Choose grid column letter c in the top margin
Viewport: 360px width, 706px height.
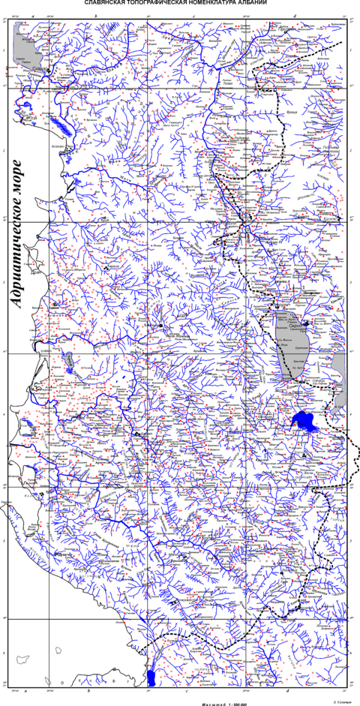coord(195,15)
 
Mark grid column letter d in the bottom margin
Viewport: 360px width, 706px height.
coord(287,689)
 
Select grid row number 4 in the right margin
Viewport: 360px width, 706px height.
coord(351,414)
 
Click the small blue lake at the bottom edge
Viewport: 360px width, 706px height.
coord(152,678)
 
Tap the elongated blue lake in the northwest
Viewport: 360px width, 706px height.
coord(61,125)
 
